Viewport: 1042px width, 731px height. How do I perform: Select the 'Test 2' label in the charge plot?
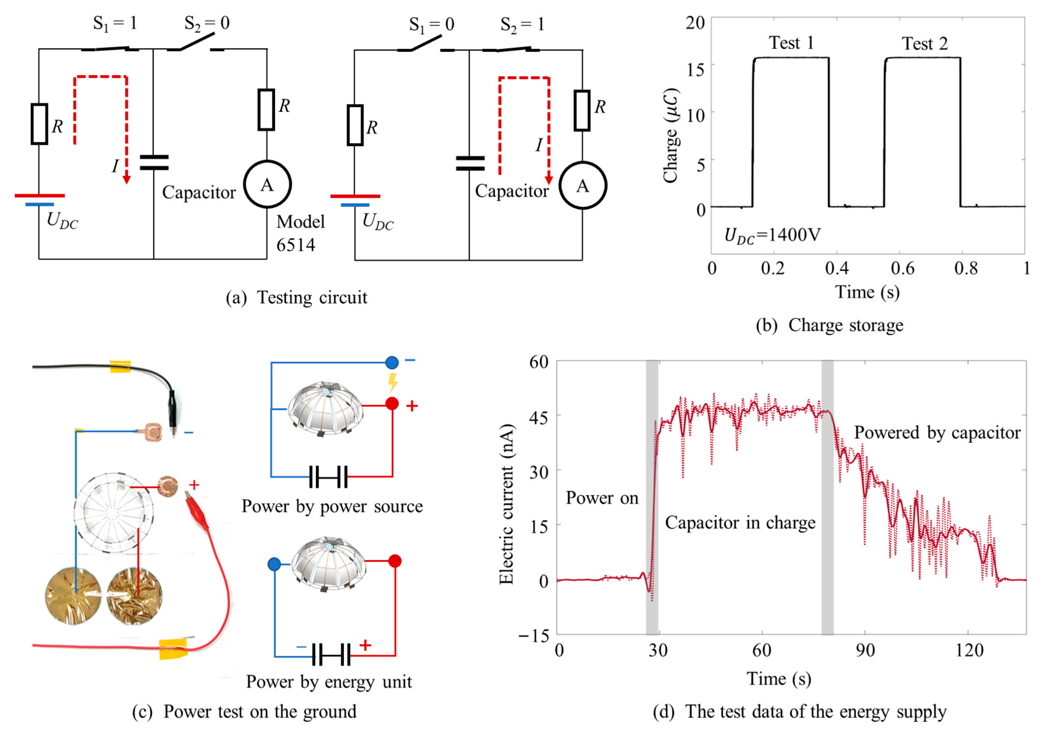tap(924, 44)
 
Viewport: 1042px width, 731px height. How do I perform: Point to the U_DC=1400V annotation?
tap(772, 235)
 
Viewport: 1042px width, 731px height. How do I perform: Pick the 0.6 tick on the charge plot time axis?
tap(902, 268)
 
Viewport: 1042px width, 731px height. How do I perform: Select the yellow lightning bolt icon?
tap(393, 382)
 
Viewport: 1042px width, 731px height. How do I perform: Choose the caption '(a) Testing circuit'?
tap(296, 298)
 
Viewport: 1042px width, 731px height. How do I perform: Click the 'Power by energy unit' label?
tap(329, 681)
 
